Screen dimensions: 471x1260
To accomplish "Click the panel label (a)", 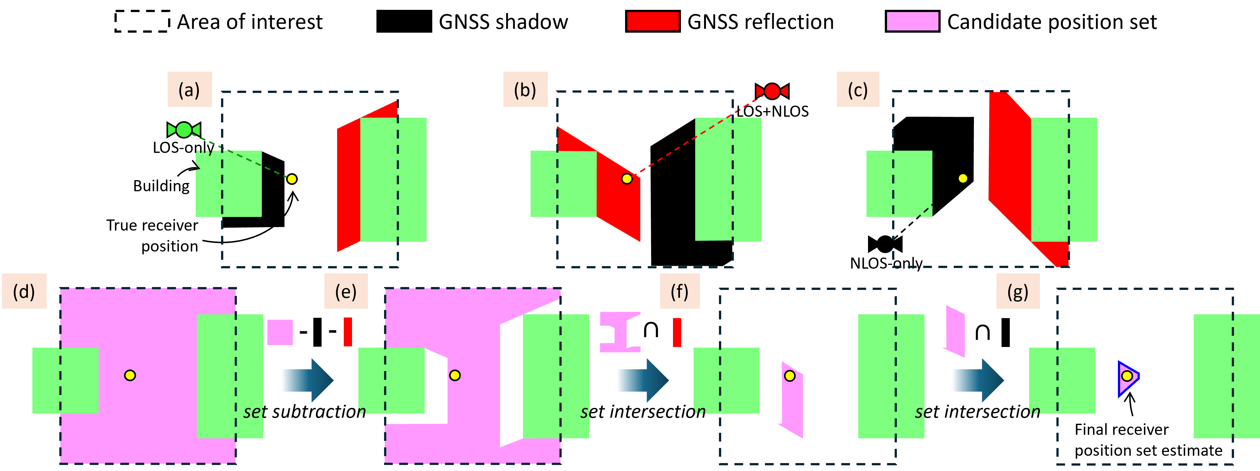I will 189,89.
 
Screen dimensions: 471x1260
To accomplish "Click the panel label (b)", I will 525,89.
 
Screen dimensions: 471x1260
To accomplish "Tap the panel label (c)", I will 858,89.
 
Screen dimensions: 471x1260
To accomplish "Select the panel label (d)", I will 24,291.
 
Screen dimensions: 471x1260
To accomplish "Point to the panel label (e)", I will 346,291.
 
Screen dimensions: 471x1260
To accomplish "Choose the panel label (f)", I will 679,291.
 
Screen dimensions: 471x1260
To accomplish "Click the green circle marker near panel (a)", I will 184,130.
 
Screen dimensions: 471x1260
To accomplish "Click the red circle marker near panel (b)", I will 772,91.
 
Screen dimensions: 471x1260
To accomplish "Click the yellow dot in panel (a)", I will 291,179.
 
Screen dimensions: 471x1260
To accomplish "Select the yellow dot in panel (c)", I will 963,179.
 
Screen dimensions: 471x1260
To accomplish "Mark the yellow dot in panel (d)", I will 130,375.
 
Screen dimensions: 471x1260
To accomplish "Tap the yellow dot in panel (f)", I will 789,376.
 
